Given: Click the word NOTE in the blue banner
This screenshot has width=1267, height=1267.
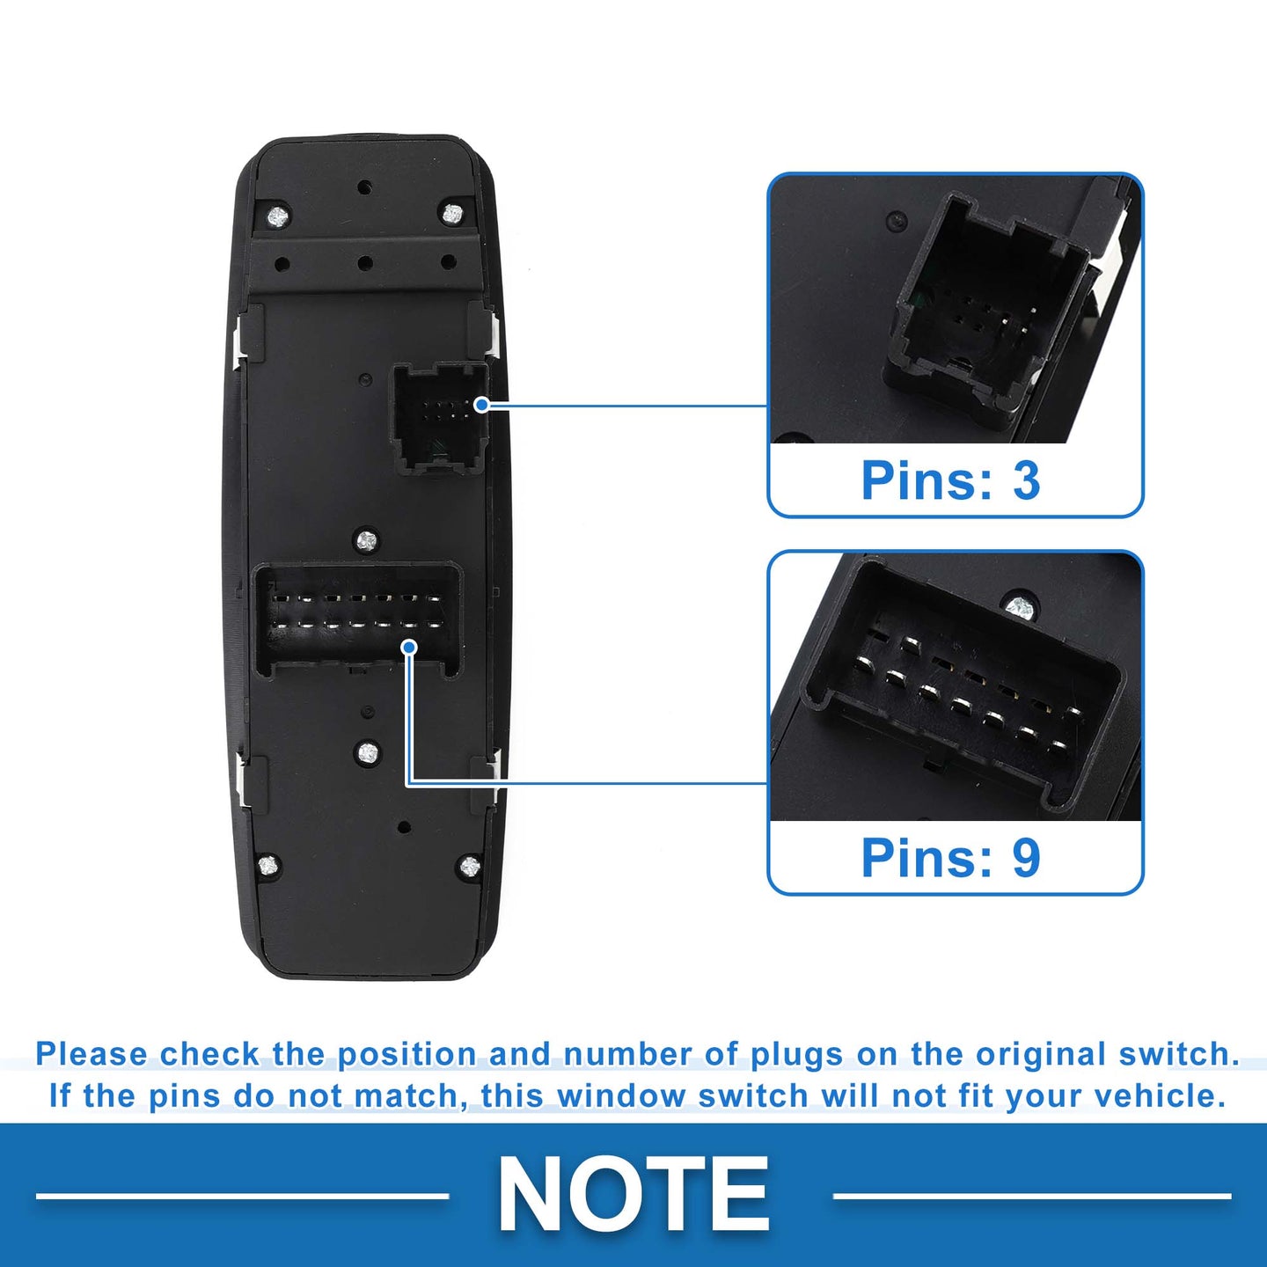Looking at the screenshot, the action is click(x=633, y=1193).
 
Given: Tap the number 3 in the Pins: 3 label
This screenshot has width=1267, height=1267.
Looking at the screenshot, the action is click(x=1026, y=480).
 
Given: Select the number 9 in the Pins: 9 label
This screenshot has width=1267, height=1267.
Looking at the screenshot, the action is click(x=1026, y=857).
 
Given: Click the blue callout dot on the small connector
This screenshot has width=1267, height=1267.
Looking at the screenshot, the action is click(x=482, y=405).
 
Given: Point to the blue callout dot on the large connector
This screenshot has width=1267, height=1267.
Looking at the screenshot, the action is click(x=410, y=648).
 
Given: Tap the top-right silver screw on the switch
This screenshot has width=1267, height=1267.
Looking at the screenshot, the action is click(x=451, y=214).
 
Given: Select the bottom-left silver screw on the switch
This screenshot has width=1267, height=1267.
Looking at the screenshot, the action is click(x=267, y=865).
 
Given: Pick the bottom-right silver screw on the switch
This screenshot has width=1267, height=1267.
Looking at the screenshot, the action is click(x=470, y=867).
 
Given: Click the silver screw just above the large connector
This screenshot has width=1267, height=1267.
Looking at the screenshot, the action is click(x=366, y=541).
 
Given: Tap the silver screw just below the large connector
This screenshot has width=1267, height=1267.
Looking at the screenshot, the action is click(x=368, y=751).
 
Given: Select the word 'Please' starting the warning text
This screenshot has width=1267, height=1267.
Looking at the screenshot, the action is click(x=92, y=1054).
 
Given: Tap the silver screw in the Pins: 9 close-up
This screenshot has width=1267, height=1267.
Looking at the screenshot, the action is click(x=1019, y=607).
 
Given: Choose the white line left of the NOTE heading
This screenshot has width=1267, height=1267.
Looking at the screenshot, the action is click(x=243, y=1196).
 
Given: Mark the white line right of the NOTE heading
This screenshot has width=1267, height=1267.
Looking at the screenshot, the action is click(x=1031, y=1196).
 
